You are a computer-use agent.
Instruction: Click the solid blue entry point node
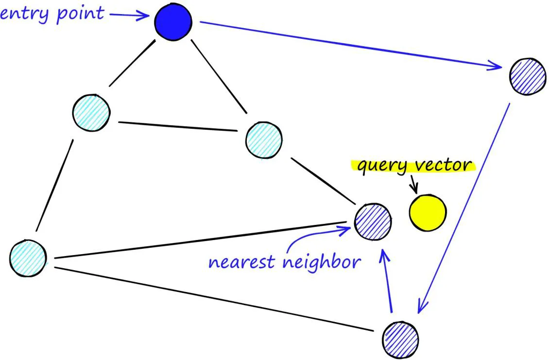pos(173,22)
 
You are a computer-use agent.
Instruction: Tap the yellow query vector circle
pos(428,212)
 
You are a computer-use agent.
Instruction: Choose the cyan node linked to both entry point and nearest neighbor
pos(264,140)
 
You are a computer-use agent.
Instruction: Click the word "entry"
pos(19,13)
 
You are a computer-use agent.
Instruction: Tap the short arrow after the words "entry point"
pos(128,16)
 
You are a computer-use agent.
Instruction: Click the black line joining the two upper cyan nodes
pos(177,126)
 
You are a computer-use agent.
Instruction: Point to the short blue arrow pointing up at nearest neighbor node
pos(388,282)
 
